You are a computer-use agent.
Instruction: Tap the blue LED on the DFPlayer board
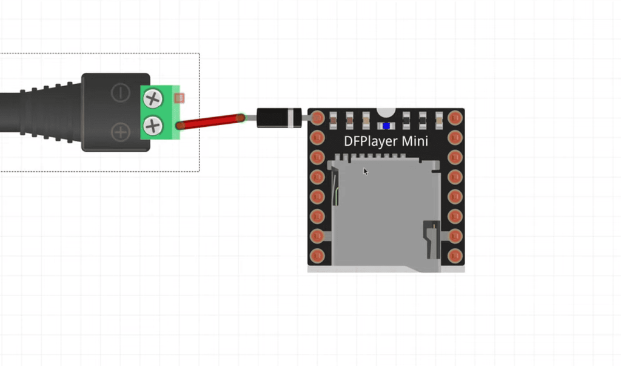386,126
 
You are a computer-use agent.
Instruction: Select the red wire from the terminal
210,121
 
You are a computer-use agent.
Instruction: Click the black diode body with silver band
276,118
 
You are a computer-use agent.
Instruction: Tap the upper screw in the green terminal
153,98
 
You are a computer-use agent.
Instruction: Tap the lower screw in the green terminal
153,126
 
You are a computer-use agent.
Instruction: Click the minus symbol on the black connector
121,93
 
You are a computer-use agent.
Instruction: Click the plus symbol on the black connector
121,130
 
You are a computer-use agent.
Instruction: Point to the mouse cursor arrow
366,171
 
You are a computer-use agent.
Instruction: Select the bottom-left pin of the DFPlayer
317,256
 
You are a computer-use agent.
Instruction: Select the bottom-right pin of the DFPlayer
455,256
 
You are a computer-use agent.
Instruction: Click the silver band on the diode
295,118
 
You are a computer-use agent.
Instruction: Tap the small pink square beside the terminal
179,98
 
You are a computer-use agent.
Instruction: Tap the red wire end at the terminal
181,126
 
